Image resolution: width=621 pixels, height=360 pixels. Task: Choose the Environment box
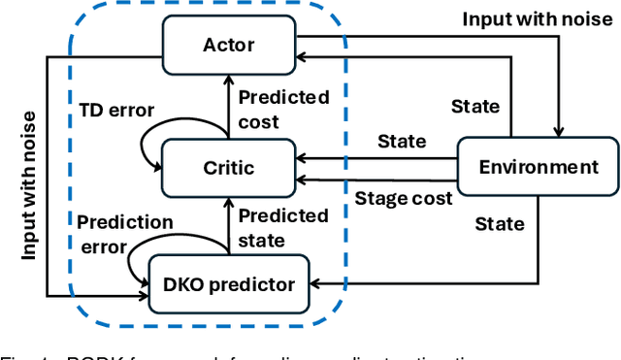click(538, 167)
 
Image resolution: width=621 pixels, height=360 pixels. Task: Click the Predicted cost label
click(283, 109)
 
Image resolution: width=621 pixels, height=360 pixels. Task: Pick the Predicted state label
click(283, 227)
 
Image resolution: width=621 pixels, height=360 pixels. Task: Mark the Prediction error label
click(125, 234)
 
